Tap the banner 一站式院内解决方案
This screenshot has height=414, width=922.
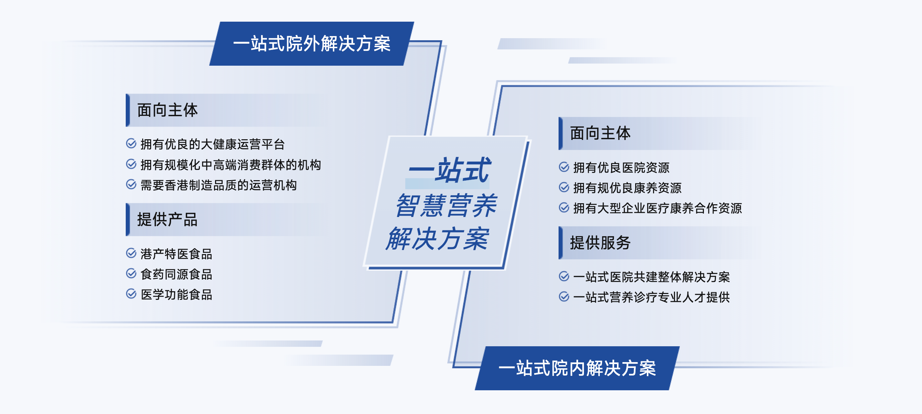coord(577,368)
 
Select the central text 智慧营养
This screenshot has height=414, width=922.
coord(446,205)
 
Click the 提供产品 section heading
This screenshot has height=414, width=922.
coord(168,219)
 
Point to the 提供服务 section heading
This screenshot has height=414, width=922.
coord(600,243)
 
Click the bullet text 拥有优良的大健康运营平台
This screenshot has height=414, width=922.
coord(213,144)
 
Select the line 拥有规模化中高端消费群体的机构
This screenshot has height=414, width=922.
coord(231,165)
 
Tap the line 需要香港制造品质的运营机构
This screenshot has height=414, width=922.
coord(219,185)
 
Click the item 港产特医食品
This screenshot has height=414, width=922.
coord(177,254)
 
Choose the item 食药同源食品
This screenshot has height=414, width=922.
coord(177,274)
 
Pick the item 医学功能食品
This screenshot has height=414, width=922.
coord(177,295)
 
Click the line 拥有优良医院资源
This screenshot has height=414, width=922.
coord(621,167)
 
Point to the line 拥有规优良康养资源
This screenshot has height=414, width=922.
coord(627,188)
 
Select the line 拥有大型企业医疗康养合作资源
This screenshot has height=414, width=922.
coord(657,208)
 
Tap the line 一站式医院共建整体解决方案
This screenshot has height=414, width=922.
coord(651,277)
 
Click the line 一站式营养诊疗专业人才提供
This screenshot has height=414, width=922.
coord(651,297)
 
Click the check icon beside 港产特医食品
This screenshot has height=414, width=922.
coord(131,253)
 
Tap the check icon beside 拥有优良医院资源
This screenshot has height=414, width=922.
coord(564,167)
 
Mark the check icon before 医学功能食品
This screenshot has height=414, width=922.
coord(131,294)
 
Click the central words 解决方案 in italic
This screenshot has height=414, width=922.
coord(437,239)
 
